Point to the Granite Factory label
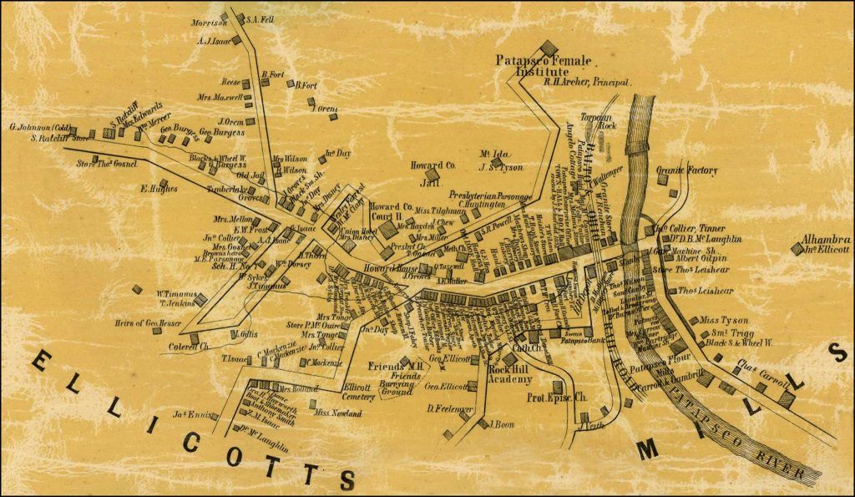(686, 170)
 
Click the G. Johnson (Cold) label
(39, 128)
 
